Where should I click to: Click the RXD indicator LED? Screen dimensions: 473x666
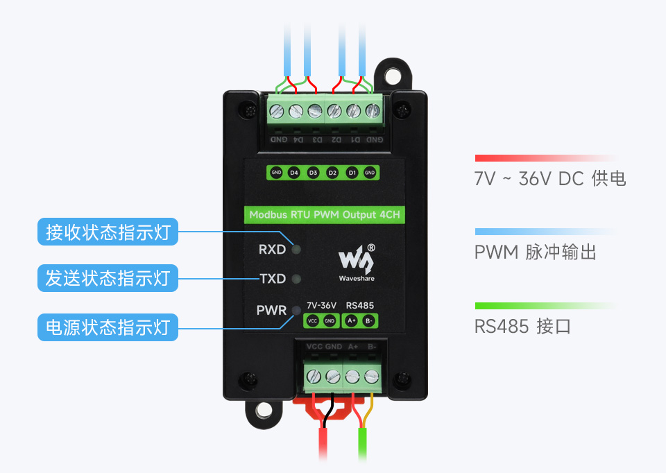tap(296, 249)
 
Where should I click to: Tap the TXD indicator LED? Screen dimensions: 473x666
tap(296, 279)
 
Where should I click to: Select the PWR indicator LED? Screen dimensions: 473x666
tap(296, 310)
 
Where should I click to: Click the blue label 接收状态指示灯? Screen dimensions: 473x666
tap(108, 232)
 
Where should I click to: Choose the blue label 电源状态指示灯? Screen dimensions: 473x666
tap(108, 327)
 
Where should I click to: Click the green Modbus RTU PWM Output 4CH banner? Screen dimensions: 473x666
tap(324, 214)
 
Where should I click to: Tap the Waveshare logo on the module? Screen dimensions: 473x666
tap(357, 262)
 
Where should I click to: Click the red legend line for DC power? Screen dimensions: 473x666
tap(545, 158)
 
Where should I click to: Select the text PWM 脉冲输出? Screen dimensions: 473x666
tap(535, 252)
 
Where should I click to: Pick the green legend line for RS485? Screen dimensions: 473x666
tap(545, 305)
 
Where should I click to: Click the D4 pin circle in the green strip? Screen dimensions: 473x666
tap(293, 172)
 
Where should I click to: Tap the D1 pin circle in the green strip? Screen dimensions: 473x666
tap(352, 172)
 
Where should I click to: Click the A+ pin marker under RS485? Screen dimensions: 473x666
tap(351, 320)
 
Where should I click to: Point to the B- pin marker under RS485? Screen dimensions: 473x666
tap(370, 320)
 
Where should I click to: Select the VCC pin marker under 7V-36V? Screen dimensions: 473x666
tap(312, 320)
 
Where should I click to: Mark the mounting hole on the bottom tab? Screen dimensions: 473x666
tap(264, 410)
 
